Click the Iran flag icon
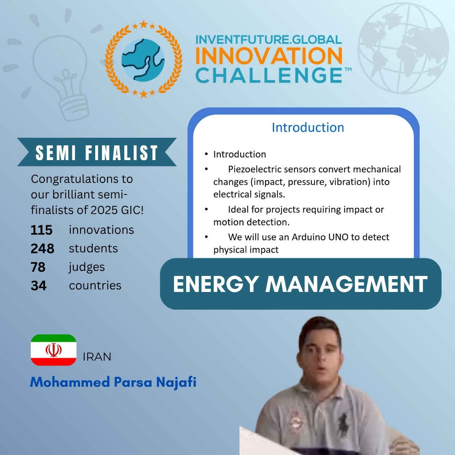(54, 350)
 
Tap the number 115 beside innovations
(41, 230)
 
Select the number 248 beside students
(43, 249)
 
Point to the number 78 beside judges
(38, 267)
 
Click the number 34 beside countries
(39, 286)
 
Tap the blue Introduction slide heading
(308, 128)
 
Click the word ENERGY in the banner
(216, 284)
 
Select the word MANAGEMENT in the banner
(346, 284)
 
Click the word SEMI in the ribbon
(56, 153)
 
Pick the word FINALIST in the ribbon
(122, 153)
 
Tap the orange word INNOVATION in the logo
(269, 56)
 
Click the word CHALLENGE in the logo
(269, 75)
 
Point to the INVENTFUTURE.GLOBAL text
(269, 40)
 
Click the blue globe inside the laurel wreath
(143, 60)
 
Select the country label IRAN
(97, 357)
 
